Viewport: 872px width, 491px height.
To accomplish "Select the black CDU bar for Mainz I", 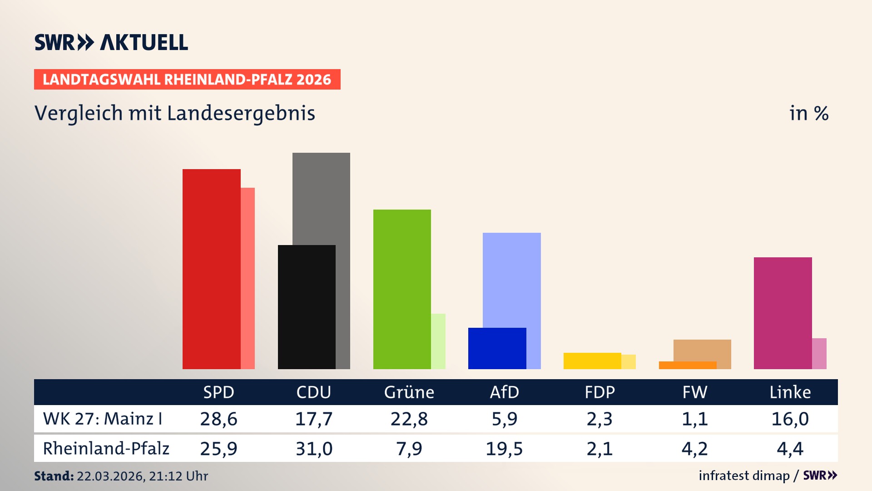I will click(x=307, y=307).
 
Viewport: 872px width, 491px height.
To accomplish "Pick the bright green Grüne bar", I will click(x=402, y=289).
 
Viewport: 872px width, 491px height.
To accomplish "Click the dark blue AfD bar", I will click(x=497, y=348).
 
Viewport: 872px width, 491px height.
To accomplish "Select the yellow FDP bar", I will click(x=592, y=361).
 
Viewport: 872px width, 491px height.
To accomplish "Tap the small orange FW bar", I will click(x=687, y=365).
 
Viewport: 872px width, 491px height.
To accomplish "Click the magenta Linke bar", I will click(x=783, y=313).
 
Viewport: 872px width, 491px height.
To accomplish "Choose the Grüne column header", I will click(x=409, y=392).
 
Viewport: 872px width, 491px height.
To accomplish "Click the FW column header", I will click(x=694, y=392).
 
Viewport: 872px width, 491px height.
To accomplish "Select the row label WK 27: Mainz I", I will click(x=103, y=419).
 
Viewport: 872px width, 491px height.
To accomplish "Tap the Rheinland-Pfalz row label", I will click(x=106, y=448).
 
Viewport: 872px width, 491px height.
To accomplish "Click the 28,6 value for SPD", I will click(x=218, y=419).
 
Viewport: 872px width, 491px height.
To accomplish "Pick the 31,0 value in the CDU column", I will click(x=314, y=449).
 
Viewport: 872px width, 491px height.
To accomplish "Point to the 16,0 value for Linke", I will click(x=790, y=419).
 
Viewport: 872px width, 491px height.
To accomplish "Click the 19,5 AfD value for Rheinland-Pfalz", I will click(x=504, y=449).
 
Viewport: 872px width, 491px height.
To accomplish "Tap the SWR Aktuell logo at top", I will click(x=111, y=42).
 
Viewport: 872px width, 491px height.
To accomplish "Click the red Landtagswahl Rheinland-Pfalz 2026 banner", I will click(x=187, y=80).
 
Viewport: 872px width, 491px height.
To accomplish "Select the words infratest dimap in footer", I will click(x=744, y=476).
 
